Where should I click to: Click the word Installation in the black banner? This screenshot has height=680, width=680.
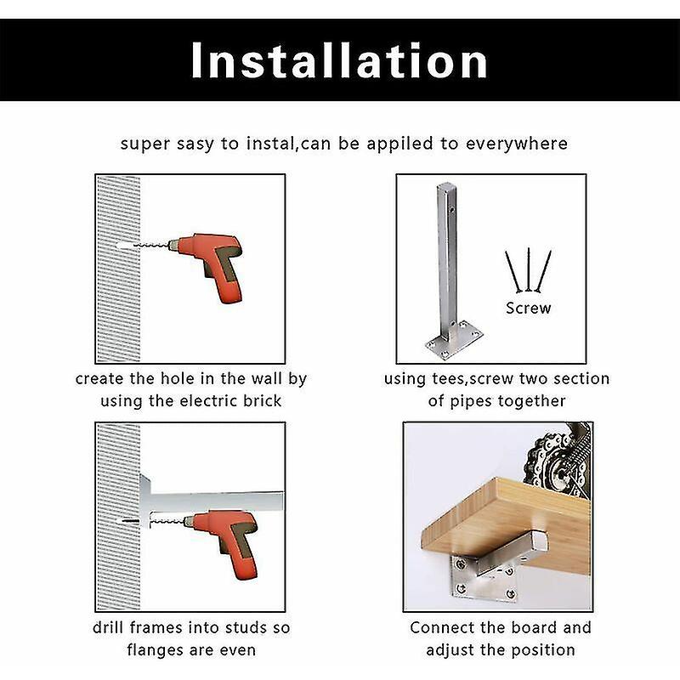point(339,60)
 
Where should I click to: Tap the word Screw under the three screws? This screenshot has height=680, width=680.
point(528,309)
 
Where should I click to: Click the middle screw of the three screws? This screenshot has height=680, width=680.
point(528,269)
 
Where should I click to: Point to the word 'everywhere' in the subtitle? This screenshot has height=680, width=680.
point(517,144)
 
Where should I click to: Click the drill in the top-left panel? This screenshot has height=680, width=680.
point(204,265)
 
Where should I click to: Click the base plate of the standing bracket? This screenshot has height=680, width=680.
point(455,341)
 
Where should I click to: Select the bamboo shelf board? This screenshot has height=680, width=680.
point(506,520)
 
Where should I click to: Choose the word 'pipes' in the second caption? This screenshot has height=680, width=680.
point(470,401)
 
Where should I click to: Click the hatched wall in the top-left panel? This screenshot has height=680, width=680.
point(118,269)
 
